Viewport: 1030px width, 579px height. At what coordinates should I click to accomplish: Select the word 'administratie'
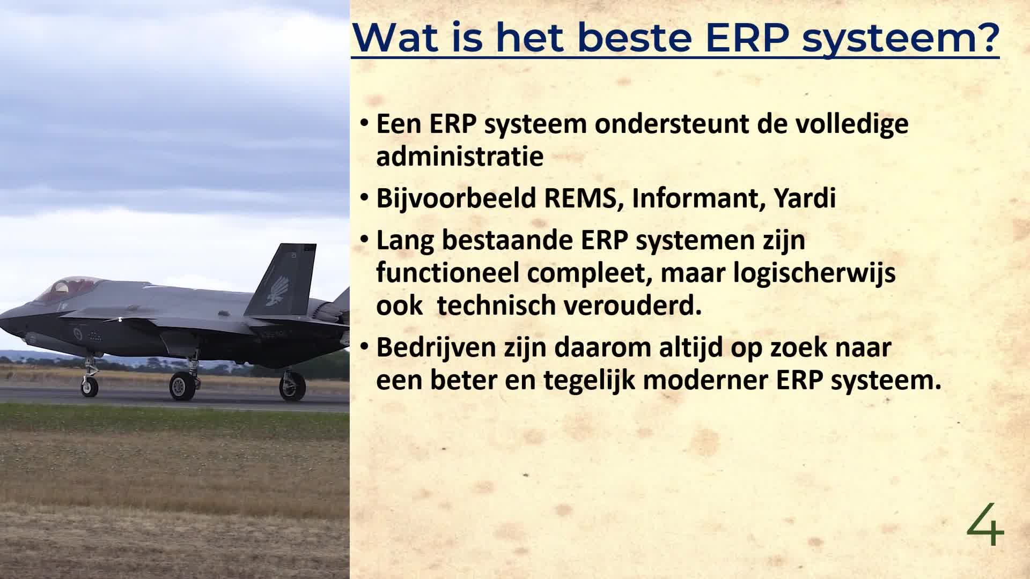(460, 157)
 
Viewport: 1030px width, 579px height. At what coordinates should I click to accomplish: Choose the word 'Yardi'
(805, 198)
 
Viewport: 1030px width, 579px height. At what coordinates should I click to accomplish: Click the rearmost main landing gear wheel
(293, 387)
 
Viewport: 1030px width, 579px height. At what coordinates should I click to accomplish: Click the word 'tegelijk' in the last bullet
(589, 381)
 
